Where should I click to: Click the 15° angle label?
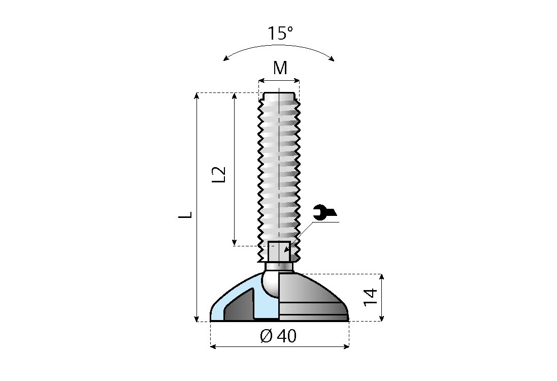[x=280, y=33]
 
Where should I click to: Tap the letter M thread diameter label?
[x=280, y=68]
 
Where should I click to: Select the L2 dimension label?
[x=219, y=174]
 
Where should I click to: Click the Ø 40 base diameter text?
[x=278, y=336]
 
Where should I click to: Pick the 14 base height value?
[x=370, y=297]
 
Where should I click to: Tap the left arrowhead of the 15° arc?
[x=226, y=58]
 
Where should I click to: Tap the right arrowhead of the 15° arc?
[x=332, y=58]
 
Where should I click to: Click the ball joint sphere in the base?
[x=270, y=283]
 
